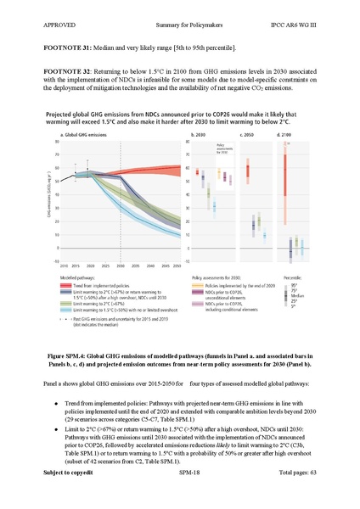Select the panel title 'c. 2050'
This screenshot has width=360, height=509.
(x=249, y=135)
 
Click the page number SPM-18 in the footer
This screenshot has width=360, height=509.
(x=180, y=495)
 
